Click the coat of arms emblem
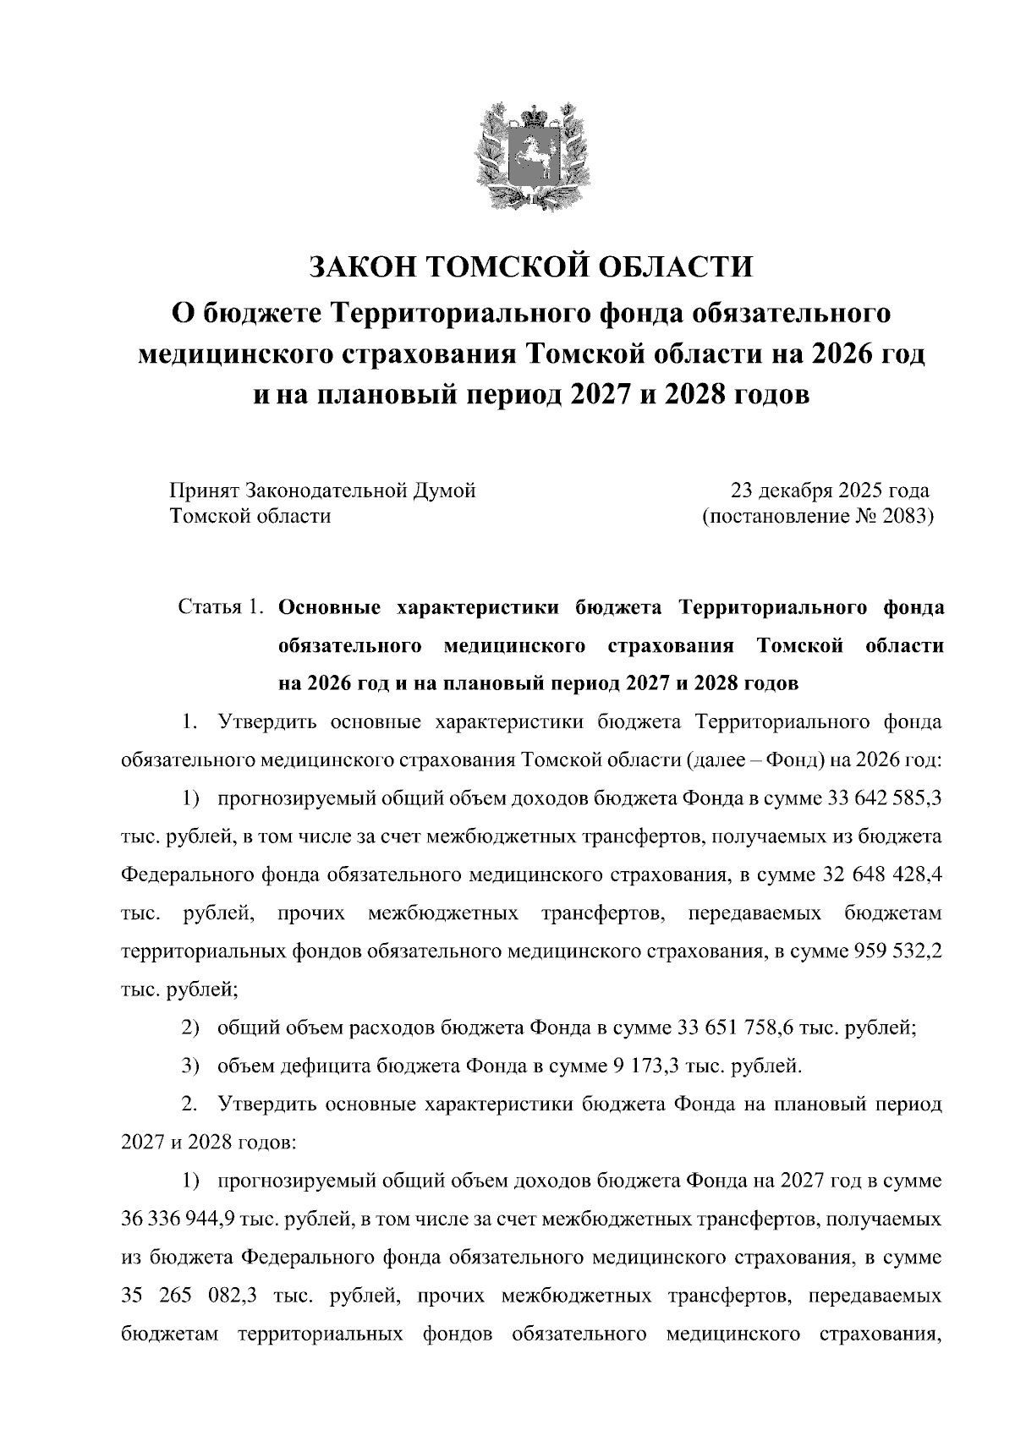pyautogui.click(x=531, y=156)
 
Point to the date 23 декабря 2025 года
pyautogui.click(x=830, y=491)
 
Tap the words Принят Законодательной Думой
pyautogui.click(x=322, y=491)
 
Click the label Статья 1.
pyautogui.click(x=222, y=608)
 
